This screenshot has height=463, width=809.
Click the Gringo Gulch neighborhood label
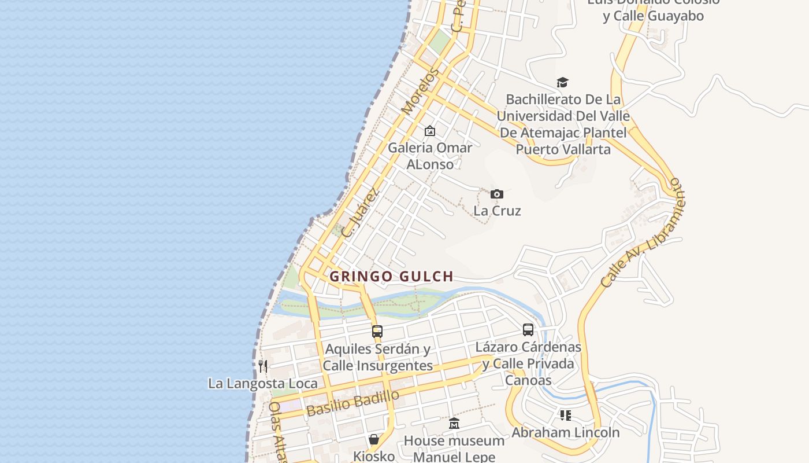tap(391, 277)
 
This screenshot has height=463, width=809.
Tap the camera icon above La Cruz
tap(497, 194)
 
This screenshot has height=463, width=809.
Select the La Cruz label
tap(497, 211)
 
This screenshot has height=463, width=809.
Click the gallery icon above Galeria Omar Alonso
tap(430, 131)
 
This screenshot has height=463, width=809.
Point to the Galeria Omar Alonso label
tap(430, 156)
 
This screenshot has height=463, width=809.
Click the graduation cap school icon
tap(563, 82)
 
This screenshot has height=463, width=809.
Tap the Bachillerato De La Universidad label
tap(563, 124)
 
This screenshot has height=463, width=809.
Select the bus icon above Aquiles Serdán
tap(377, 332)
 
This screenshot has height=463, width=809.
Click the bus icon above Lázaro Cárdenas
tap(528, 330)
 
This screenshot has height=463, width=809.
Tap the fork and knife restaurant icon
tap(263, 366)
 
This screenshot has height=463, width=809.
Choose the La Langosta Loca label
tap(263, 384)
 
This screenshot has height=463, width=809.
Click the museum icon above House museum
tap(454, 424)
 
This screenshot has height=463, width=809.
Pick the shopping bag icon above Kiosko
tap(374, 439)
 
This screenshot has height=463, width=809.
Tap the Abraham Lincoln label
tap(565, 432)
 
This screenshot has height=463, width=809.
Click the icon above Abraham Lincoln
tap(565, 415)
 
